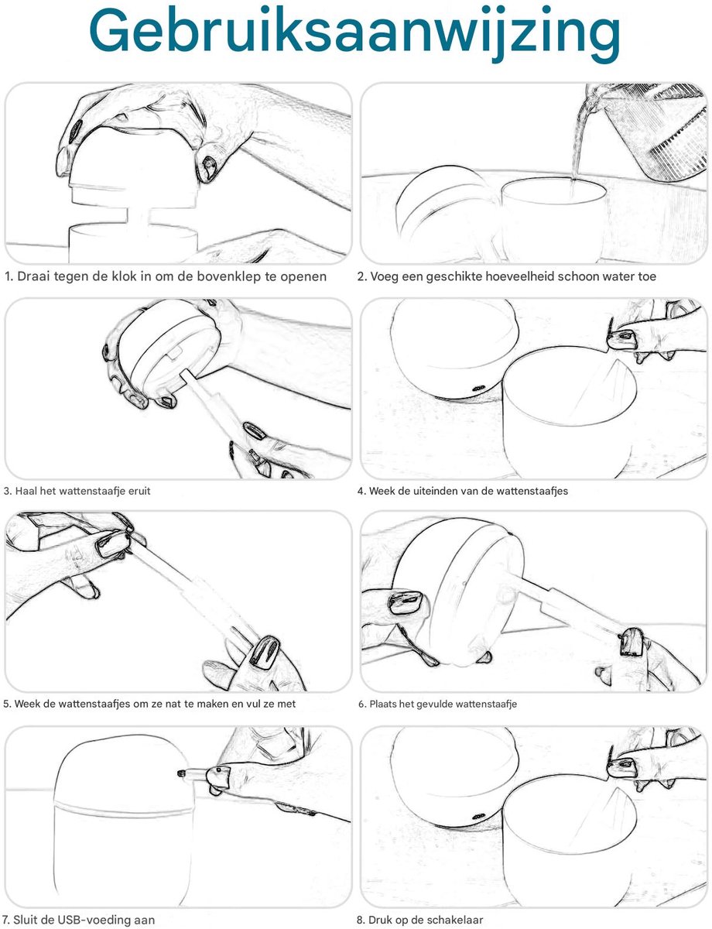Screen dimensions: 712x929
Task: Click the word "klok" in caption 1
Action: pyautogui.click(x=125, y=276)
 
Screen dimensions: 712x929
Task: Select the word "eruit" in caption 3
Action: pyautogui.click(x=139, y=491)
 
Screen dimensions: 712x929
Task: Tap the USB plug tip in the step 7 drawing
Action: pyautogui.click(x=181, y=773)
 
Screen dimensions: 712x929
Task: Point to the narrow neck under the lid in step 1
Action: pyautogui.click(x=138, y=216)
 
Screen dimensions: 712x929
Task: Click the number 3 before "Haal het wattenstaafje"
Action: pyautogui.click(x=7, y=491)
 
